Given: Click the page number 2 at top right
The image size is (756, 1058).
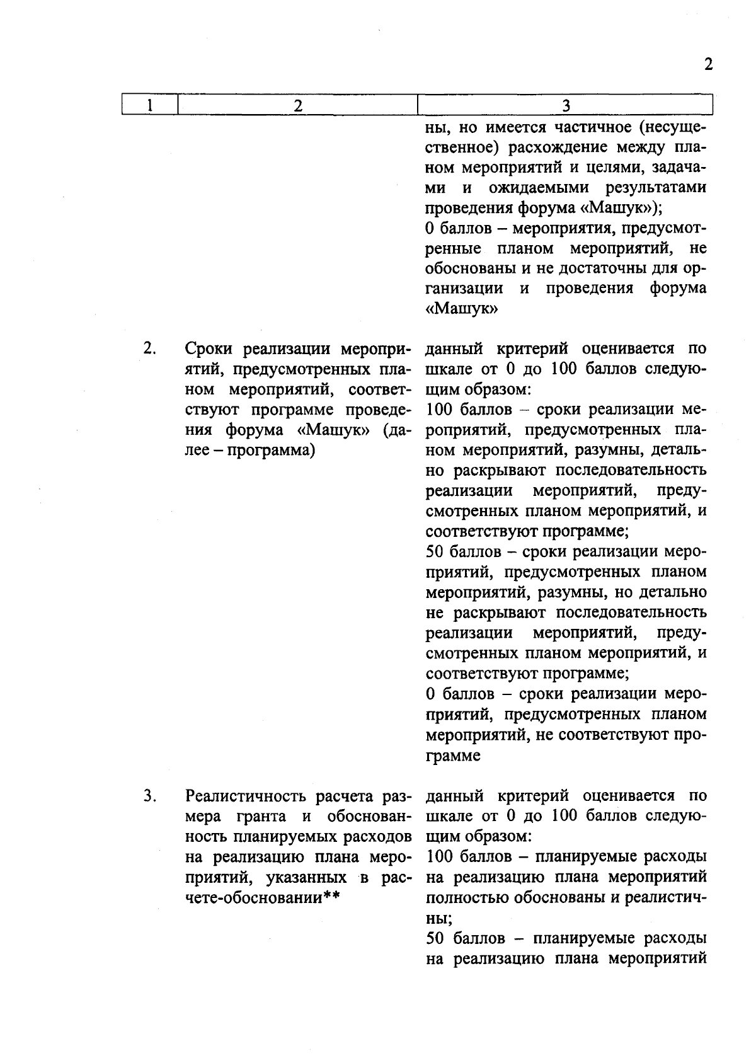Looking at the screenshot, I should pyautogui.click(x=708, y=65).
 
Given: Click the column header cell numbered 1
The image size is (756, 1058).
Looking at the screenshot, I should pyautogui.click(x=149, y=105).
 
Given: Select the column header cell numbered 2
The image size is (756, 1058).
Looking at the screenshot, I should pyautogui.click(x=298, y=105).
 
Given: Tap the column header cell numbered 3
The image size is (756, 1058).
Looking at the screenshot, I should pyautogui.click(x=565, y=105).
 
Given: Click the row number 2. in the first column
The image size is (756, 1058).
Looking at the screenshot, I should pyautogui.click(x=149, y=348).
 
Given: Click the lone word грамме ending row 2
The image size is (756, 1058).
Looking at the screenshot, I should pyautogui.click(x=452, y=756).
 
